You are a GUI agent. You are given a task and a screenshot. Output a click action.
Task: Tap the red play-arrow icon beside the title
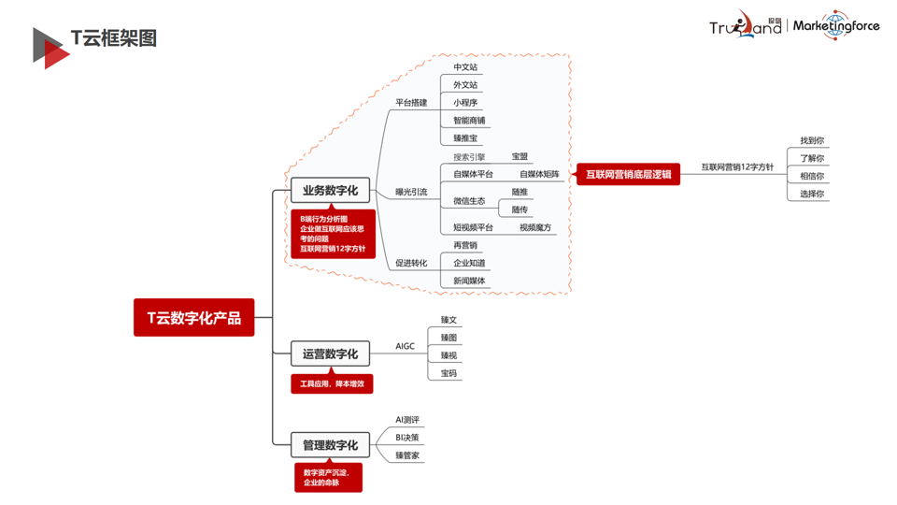(x=50, y=47)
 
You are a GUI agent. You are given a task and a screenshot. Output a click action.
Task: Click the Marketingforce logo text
(x=835, y=26)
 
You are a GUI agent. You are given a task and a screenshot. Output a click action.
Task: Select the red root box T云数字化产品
(x=193, y=318)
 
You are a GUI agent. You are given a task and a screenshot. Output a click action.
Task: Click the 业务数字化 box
(x=330, y=191)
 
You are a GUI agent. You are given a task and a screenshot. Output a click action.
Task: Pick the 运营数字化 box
(x=330, y=353)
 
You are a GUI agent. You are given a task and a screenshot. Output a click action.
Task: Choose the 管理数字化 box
(x=330, y=444)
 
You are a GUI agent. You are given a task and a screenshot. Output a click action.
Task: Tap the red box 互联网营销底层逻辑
(x=628, y=174)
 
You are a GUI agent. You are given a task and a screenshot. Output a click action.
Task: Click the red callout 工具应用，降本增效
(x=332, y=383)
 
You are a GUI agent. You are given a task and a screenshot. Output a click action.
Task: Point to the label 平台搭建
(x=411, y=103)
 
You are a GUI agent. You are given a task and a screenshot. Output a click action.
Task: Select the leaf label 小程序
(x=465, y=103)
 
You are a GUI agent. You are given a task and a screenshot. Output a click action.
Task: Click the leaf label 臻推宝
(x=465, y=138)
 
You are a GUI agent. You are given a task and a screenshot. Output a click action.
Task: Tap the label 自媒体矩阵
(x=539, y=174)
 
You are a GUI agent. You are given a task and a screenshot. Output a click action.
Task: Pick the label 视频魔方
(x=535, y=227)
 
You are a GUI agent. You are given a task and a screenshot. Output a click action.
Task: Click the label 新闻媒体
(x=469, y=281)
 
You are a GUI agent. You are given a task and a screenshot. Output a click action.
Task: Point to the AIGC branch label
(x=405, y=346)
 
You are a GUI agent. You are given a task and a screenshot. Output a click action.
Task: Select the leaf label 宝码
(x=448, y=373)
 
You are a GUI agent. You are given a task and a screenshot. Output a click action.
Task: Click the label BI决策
(x=407, y=437)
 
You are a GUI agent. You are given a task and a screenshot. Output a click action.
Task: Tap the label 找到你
(x=812, y=140)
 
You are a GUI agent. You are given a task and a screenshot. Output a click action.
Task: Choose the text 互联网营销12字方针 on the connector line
(x=737, y=166)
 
